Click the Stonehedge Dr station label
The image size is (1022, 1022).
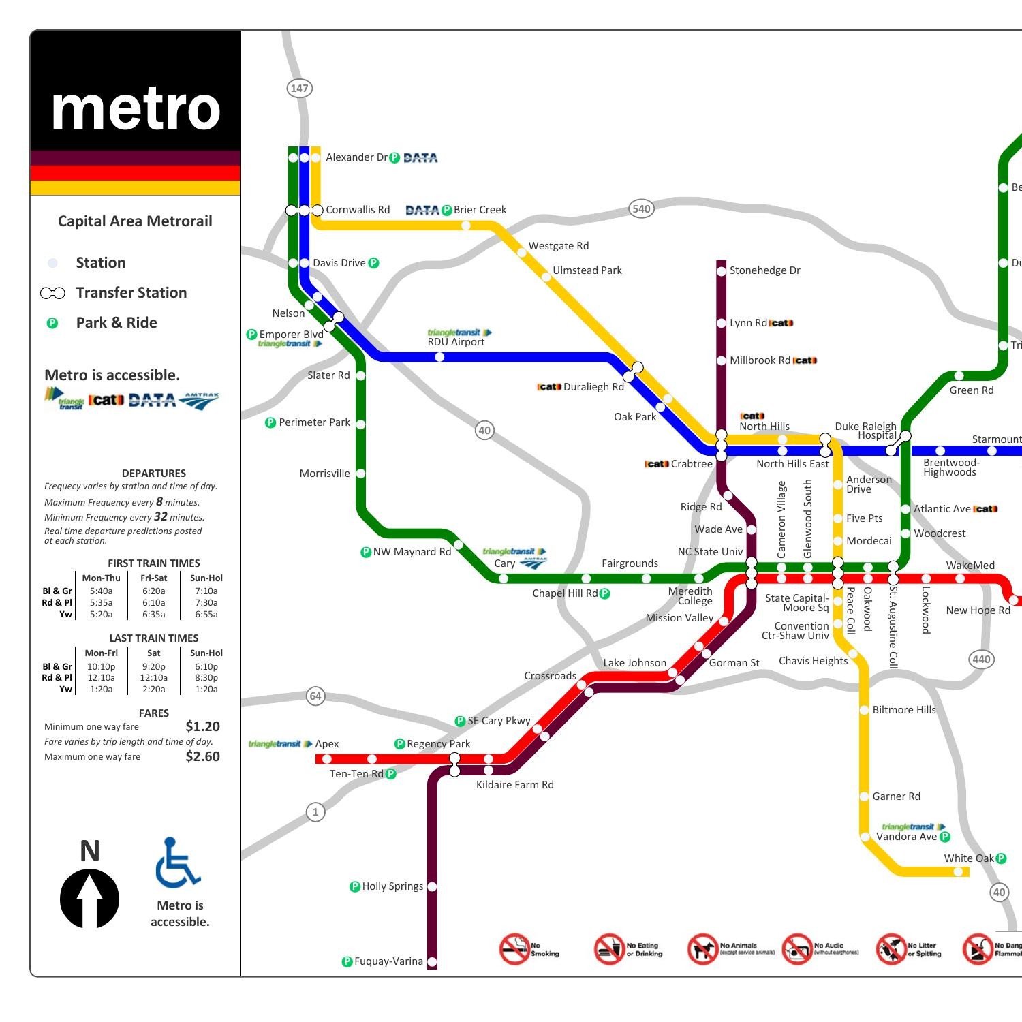coord(764,270)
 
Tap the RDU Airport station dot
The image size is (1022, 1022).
coord(439,357)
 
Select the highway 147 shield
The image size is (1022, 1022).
coord(299,88)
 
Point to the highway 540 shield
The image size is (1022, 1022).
coord(641,208)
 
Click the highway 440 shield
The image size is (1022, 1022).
coord(981,659)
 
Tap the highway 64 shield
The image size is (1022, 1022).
coord(315,696)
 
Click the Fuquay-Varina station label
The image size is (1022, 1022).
coord(388,961)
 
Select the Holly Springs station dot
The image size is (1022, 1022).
coord(432,886)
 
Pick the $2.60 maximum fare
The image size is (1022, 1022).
coord(202,756)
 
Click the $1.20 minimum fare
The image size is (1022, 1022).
coord(202,726)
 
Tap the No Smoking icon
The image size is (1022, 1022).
coord(515,949)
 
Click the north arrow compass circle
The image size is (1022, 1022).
coord(89,899)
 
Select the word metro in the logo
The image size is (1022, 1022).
coord(136,109)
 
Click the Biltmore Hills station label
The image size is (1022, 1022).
coord(904,710)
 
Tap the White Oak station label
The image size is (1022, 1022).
coord(968,858)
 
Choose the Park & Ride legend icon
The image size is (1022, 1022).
coord(52,323)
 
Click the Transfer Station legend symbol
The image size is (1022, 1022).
coord(52,293)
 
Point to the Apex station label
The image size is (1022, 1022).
coord(327,744)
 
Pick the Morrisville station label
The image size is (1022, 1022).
coord(324,474)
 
